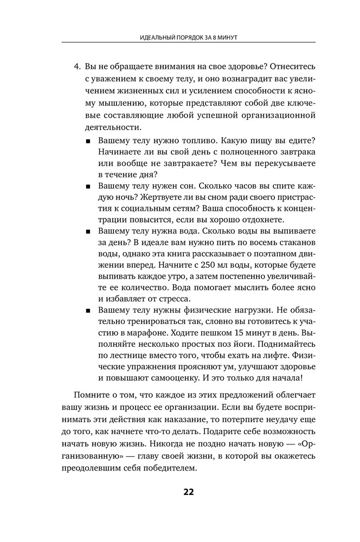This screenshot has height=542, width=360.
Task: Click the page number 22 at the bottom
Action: pyautogui.click(x=188, y=492)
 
